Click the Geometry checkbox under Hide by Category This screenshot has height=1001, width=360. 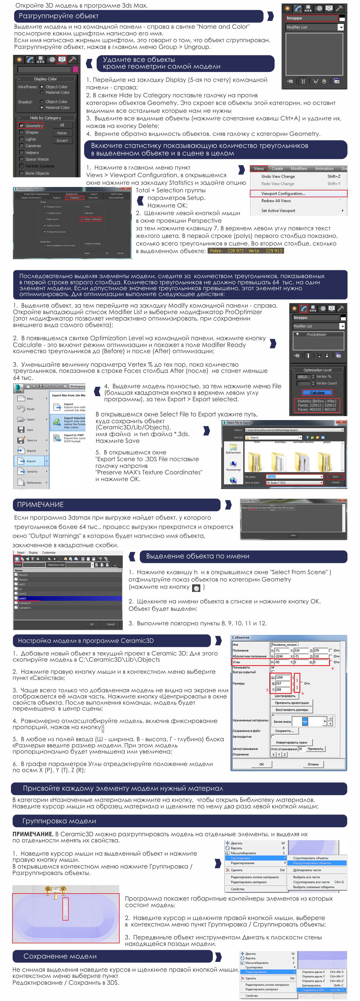(22, 125)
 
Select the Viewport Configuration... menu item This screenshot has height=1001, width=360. (283, 193)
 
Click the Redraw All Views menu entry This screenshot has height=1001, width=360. (276, 201)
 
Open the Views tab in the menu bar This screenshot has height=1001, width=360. (258, 169)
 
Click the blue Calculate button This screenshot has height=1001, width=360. (317, 393)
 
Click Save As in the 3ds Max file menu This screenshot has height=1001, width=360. (31, 440)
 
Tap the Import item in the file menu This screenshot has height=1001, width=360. (31, 451)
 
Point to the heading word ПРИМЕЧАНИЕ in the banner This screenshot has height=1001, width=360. (40, 504)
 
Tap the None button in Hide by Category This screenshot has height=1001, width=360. (62, 133)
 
